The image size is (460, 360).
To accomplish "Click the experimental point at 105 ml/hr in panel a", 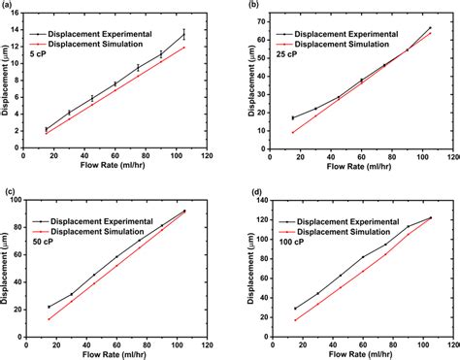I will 183,35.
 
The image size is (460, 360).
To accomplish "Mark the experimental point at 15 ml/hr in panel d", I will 296,309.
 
